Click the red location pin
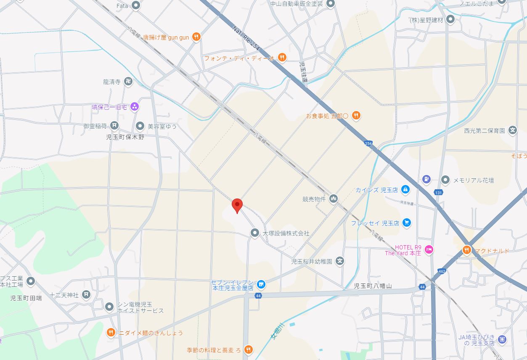point(238,205)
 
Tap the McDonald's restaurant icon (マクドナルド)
point(466,251)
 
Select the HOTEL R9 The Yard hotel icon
point(429,250)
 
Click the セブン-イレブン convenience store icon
point(261,285)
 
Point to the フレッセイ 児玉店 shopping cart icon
point(406,223)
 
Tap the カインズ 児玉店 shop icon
point(405,190)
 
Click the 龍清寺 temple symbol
point(128,82)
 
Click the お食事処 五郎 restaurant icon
point(356,115)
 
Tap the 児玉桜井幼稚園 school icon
point(340,261)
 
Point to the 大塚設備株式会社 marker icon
point(254,233)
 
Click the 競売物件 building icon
point(334,199)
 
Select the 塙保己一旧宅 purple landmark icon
point(135,107)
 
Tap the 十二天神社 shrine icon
point(86,295)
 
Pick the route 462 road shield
point(441,271)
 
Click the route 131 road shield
point(439,193)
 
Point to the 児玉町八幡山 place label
point(373,286)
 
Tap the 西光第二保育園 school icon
point(512,130)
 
